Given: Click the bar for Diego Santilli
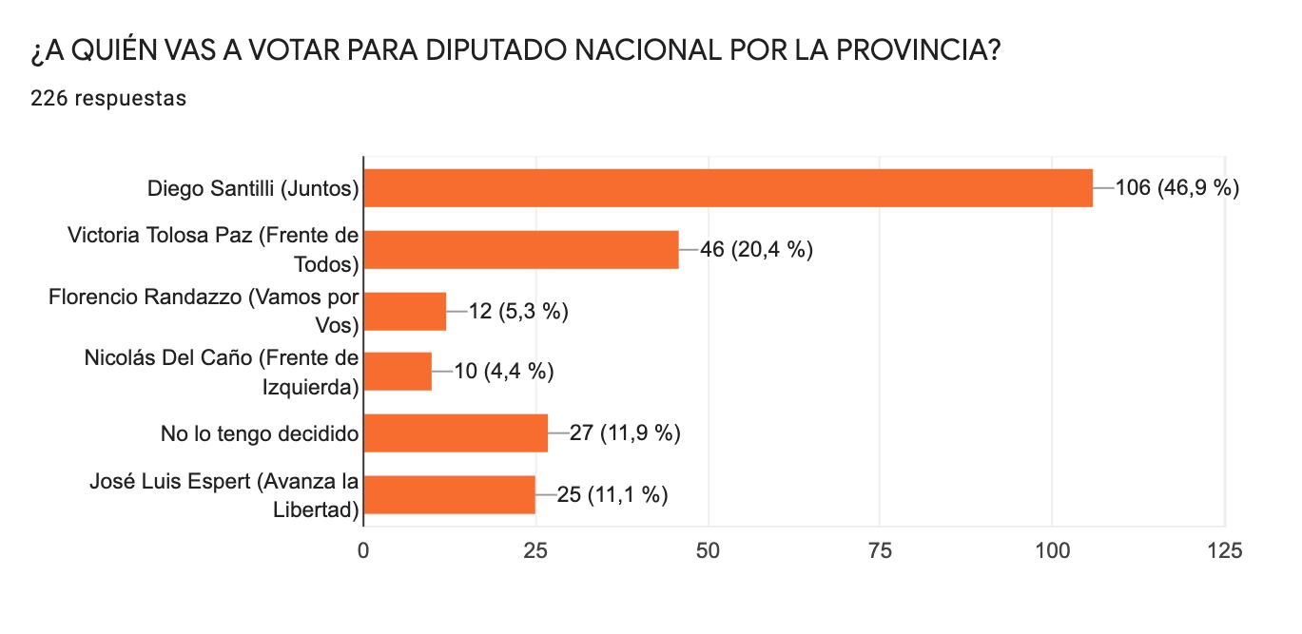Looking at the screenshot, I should (x=728, y=188).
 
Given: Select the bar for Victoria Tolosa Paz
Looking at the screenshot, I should (x=521, y=249).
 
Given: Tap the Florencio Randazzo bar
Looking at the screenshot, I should (x=405, y=311).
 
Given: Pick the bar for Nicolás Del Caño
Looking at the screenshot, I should (x=398, y=372).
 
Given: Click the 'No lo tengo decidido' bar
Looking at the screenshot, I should (x=456, y=432).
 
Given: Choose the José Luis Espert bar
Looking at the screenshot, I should (x=449, y=494).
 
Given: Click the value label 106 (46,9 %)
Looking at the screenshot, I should (x=1176, y=188).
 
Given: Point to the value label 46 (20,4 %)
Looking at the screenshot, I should (x=756, y=250).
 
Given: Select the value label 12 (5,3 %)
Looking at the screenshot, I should (x=518, y=311).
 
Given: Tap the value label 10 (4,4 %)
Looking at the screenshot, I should (x=504, y=372).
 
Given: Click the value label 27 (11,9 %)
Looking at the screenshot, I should (x=625, y=433).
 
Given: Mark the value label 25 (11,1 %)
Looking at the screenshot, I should (x=612, y=494).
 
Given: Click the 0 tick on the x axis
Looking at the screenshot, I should (x=363, y=550).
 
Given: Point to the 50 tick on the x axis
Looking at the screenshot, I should (x=708, y=550).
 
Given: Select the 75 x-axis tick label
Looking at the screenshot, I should (x=880, y=550).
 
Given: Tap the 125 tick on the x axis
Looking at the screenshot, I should (x=1223, y=550).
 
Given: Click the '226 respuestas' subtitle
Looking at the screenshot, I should (x=107, y=98).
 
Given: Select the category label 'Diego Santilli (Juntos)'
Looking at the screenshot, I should (x=253, y=189).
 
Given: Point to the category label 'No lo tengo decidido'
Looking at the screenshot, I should (x=260, y=434).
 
